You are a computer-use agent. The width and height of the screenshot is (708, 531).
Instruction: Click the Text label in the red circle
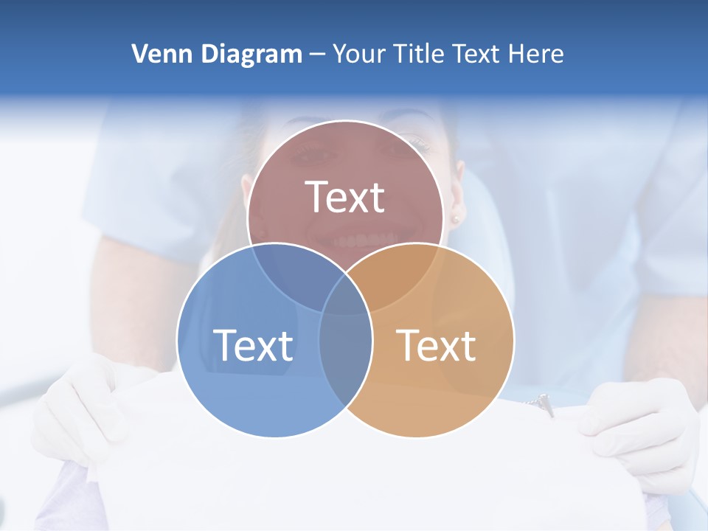pos(345,197)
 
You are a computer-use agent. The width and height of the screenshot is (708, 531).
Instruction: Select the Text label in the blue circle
pos(253,345)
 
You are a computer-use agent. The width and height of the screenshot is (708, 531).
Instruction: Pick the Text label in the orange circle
pos(437,345)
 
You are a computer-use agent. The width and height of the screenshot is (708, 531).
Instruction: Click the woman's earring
pos(455,219)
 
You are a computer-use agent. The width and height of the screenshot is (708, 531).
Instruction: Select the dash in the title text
pos(317,55)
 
